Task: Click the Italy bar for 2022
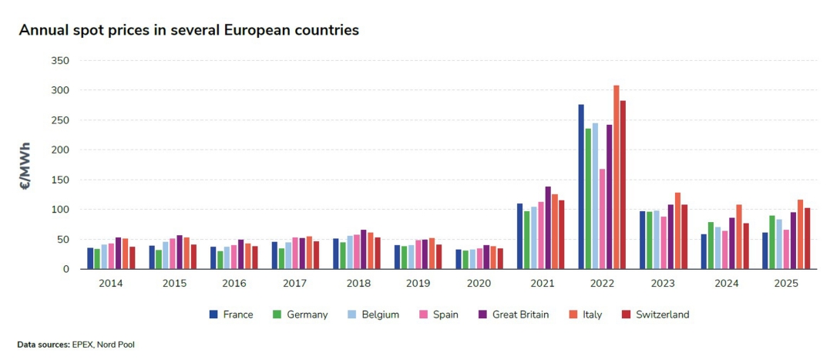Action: point(617,177)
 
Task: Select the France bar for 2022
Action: point(581,187)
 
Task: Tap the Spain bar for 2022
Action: point(602,219)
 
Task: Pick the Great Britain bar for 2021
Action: point(548,228)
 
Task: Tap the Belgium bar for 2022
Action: point(595,196)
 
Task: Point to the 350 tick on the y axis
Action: point(59,61)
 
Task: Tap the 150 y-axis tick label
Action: point(59,180)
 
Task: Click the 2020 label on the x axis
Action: point(479,284)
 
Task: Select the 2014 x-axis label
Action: point(111,284)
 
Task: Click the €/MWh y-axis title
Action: point(25,166)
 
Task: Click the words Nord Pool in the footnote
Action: point(117,345)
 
